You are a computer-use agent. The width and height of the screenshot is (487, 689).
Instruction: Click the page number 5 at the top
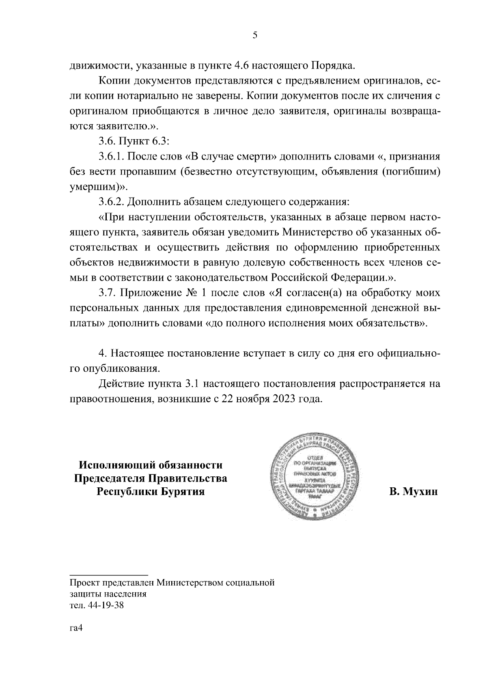pyautogui.click(x=255, y=35)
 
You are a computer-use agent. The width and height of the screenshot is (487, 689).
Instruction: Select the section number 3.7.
pyautogui.click(x=107, y=293)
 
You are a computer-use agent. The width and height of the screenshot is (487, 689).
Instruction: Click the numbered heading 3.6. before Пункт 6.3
pyautogui.click(x=107, y=142)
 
